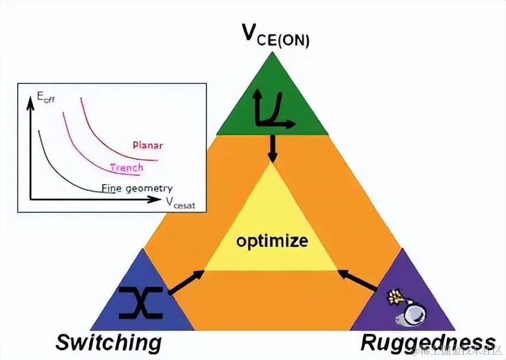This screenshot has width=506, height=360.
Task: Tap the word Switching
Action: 108,343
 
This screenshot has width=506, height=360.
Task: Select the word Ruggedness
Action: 427,343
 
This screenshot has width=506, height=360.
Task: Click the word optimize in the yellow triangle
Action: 271,240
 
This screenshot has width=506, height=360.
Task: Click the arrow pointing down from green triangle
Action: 273,148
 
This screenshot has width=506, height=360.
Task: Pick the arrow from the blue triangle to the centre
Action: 187,281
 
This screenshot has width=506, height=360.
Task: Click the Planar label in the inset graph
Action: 147,145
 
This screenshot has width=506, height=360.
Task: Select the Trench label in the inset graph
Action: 126,167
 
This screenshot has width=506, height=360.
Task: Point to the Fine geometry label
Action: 137,188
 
